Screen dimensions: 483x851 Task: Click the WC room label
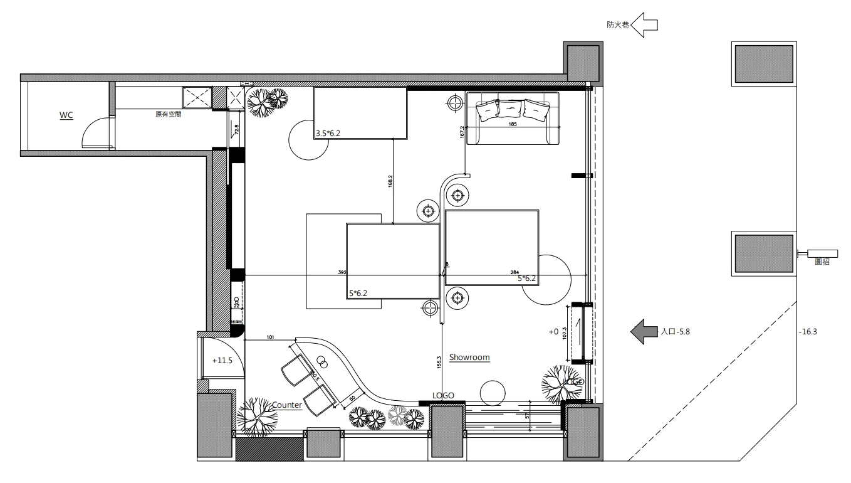pyautogui.click(x=66, y=115)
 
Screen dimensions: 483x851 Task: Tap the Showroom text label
pyautogui.click(x=469, y=358)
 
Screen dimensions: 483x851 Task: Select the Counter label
pyautogui.click(x=286, y=405)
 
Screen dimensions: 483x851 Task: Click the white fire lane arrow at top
pyautogui.click(x=644, y=25)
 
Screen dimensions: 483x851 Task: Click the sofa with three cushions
pyautogui.click(x=513, y=118)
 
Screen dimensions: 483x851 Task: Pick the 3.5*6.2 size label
pyautogui.click(x=329, y=133)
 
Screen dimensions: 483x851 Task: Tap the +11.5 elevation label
pyautogui.click(x=222, y=361)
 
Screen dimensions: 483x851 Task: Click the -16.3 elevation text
pyautogui.click(x=808, y=332)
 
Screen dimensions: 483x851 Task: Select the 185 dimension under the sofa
pyautogui.click(x=513, y=125)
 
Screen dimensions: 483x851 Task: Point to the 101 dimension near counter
pyautogui.click(x=270, y=337)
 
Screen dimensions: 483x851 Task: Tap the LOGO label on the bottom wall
pyautogui.click(x=443, y=396)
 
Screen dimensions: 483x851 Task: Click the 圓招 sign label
pyautogui.click(x=822, y=262)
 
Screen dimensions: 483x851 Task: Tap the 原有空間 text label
pyautogui.click(x=168, y=115)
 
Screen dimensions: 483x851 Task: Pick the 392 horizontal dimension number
pyautogui.click(x=342, y=273)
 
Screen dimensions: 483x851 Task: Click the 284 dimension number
pyautogui.click(x=514, y=273)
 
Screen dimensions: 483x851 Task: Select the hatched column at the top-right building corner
pyautogui.click(x=583, y=62)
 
